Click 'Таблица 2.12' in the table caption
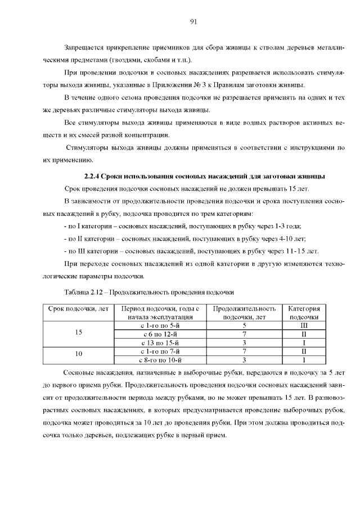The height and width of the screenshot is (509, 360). [x=84, y=292]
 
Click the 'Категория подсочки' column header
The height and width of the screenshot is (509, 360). [x=304, y=313]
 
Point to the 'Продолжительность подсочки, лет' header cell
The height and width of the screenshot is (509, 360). [x=245, y=313]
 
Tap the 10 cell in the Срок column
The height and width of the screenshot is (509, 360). [x=78, y=354]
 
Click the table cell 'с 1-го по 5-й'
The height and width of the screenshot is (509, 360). [x=160, y=325]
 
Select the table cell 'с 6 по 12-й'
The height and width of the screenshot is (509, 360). [x=160, y=334]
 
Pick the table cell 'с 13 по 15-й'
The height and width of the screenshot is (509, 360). [x=160, y=342]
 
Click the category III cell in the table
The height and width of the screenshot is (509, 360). [x=304, y=325]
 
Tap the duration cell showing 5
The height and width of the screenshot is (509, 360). [x=245, y=325]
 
